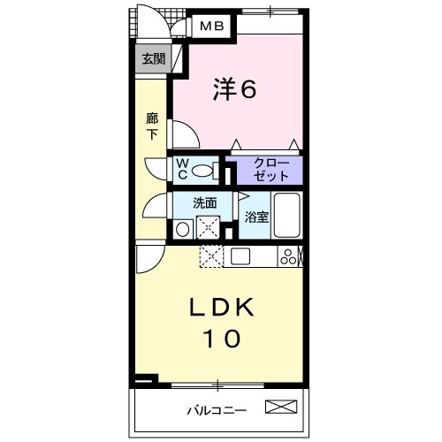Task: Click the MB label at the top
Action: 210,27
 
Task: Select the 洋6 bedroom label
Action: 234,88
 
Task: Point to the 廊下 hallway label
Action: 151,125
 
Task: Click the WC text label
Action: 182,168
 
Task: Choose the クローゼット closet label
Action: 265,168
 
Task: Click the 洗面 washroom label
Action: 206,202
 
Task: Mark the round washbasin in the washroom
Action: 182,229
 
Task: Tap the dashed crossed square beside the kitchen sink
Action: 212,256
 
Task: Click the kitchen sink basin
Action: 241,256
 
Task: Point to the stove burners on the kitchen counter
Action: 288,256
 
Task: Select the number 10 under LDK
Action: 223,338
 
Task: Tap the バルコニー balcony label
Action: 217,409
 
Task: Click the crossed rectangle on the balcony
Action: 282,408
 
